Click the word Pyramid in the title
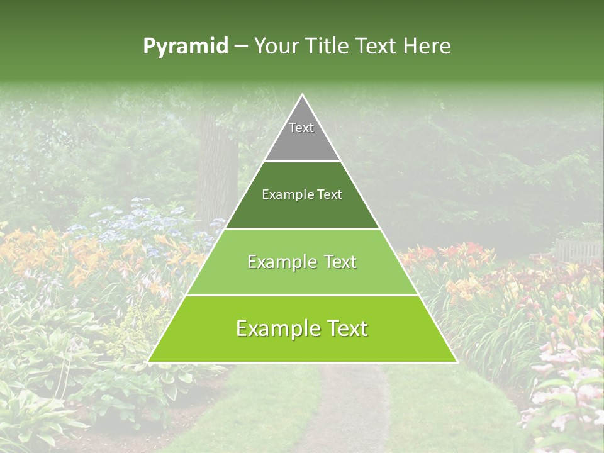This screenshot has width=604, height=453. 186,47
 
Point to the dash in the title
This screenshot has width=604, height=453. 241,47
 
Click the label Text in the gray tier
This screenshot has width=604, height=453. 301,128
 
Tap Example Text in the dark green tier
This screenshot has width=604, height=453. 302,194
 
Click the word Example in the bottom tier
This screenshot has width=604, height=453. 274,328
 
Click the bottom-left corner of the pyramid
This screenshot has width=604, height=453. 149,362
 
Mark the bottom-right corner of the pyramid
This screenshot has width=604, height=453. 456,362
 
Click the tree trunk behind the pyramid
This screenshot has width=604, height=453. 217,170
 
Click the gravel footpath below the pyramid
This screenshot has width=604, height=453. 352,409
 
